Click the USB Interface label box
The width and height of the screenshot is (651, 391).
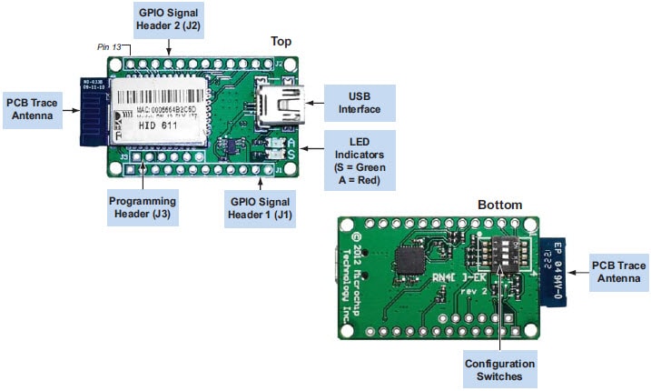point(360,103)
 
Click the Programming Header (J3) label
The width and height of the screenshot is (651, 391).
point(143,208)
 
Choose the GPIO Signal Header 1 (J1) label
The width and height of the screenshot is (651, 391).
point(262,208)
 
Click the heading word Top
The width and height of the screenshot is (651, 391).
point(282,42)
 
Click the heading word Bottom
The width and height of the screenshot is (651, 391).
point(500,205)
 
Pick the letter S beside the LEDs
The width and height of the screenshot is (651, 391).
point(291,155)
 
